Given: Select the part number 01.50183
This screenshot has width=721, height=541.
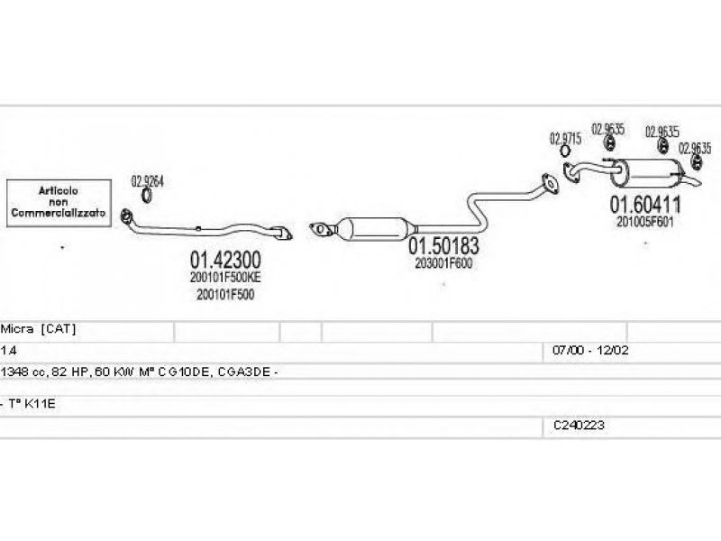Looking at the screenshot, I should pos(443,245).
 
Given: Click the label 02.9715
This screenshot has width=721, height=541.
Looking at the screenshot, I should pos(565,139).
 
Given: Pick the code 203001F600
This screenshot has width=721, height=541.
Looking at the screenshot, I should pos(443,263).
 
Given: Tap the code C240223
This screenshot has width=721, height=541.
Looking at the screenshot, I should pos(579,423).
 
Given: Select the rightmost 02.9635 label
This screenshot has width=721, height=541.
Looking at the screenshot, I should pos(696,149).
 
